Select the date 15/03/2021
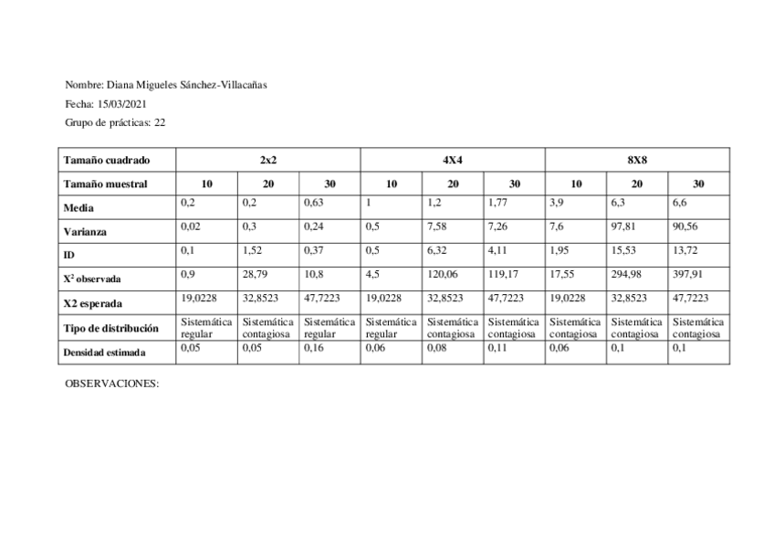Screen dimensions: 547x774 pos(120,103)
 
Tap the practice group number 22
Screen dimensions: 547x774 pos(160,121)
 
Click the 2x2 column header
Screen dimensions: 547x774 pos(268,159)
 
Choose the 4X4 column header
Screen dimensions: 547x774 pos(453,159)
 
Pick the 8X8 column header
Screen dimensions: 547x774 pos(637,159)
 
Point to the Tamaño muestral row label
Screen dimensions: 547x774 pos(105,184)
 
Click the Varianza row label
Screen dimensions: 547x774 pos(88,232)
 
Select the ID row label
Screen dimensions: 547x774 pos(69,256)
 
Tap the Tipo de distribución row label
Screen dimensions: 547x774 pos(111,328)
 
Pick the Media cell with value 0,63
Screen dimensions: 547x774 pos(315,202)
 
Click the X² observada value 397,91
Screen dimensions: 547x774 pos(689,273)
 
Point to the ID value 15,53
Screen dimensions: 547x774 pos(623,249)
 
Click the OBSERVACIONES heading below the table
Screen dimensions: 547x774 pos(111,384)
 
